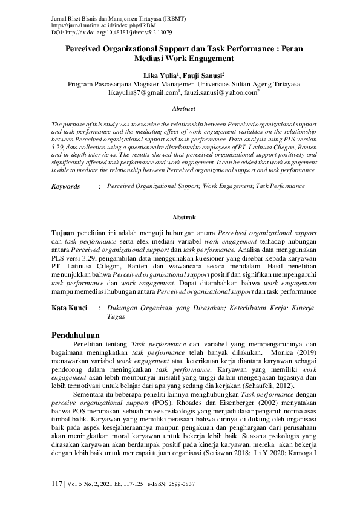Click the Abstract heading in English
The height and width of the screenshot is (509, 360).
tap(184, 109)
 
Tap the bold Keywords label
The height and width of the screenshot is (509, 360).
tap(66, 187)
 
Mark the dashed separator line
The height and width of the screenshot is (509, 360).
tap(184, 199)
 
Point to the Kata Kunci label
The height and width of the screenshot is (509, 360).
tap(69, 308)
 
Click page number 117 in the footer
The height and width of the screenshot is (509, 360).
tap(57, 485)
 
